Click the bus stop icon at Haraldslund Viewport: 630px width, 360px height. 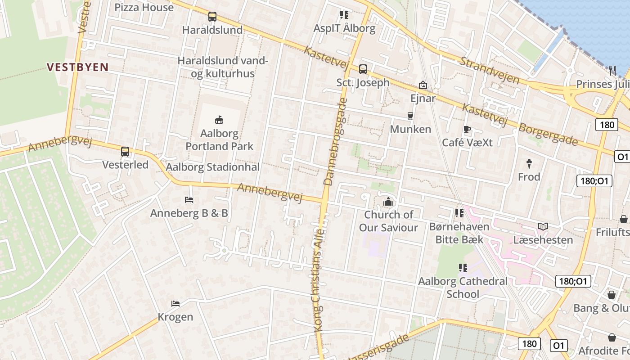(x=212, y=17)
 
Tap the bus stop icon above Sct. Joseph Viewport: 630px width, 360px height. (x=363, y=69)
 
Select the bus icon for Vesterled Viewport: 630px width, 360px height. (x=125, y=152)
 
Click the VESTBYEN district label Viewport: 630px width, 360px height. (x=78, y=67)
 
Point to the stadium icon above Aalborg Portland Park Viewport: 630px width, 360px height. (x=220, y=120)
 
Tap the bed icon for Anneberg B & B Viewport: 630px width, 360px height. (x=189, y=200)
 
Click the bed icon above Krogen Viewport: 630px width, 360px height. (x=175, y=304)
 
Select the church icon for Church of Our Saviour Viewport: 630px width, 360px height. (x=388, y=202)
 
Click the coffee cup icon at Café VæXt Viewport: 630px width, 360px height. (x=467, y=130)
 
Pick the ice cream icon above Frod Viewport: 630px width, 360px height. (x=529, y=164)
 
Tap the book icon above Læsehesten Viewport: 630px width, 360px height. (x=543, y=226)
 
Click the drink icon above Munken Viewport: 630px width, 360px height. (x=410, y=116)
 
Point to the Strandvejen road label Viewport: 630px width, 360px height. (x=489, y=70)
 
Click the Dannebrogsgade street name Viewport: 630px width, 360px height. (x=335, y=142)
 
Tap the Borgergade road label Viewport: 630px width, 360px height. (x=548, y=134)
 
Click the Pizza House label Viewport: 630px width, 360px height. (x=144, y=8)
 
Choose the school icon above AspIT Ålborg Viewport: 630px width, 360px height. (x=344, y=15)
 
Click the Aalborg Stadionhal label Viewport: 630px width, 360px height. (x=213, y=167)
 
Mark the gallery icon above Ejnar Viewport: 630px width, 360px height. (x=423, y=85)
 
